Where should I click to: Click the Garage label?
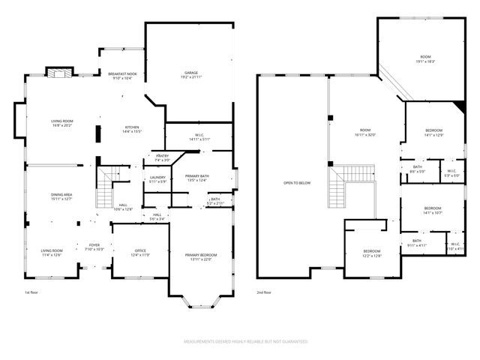pos(191,73)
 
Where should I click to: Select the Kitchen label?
pos(132,127)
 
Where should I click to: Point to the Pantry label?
pos(162,157)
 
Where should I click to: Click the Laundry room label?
pos(157,178)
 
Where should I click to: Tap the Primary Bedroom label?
pos(199,255)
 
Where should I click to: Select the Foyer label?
pos(94,245)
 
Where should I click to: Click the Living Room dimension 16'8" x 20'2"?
pos(61,125)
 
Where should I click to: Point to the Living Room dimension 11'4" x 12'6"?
pos(52,255)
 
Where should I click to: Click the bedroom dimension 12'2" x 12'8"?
pos(372,256)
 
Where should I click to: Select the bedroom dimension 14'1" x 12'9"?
pos(433,135)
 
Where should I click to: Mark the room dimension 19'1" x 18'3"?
pos(425,61)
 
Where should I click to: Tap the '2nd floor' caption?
pos(265,292)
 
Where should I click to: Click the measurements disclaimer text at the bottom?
pos(246,341)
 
